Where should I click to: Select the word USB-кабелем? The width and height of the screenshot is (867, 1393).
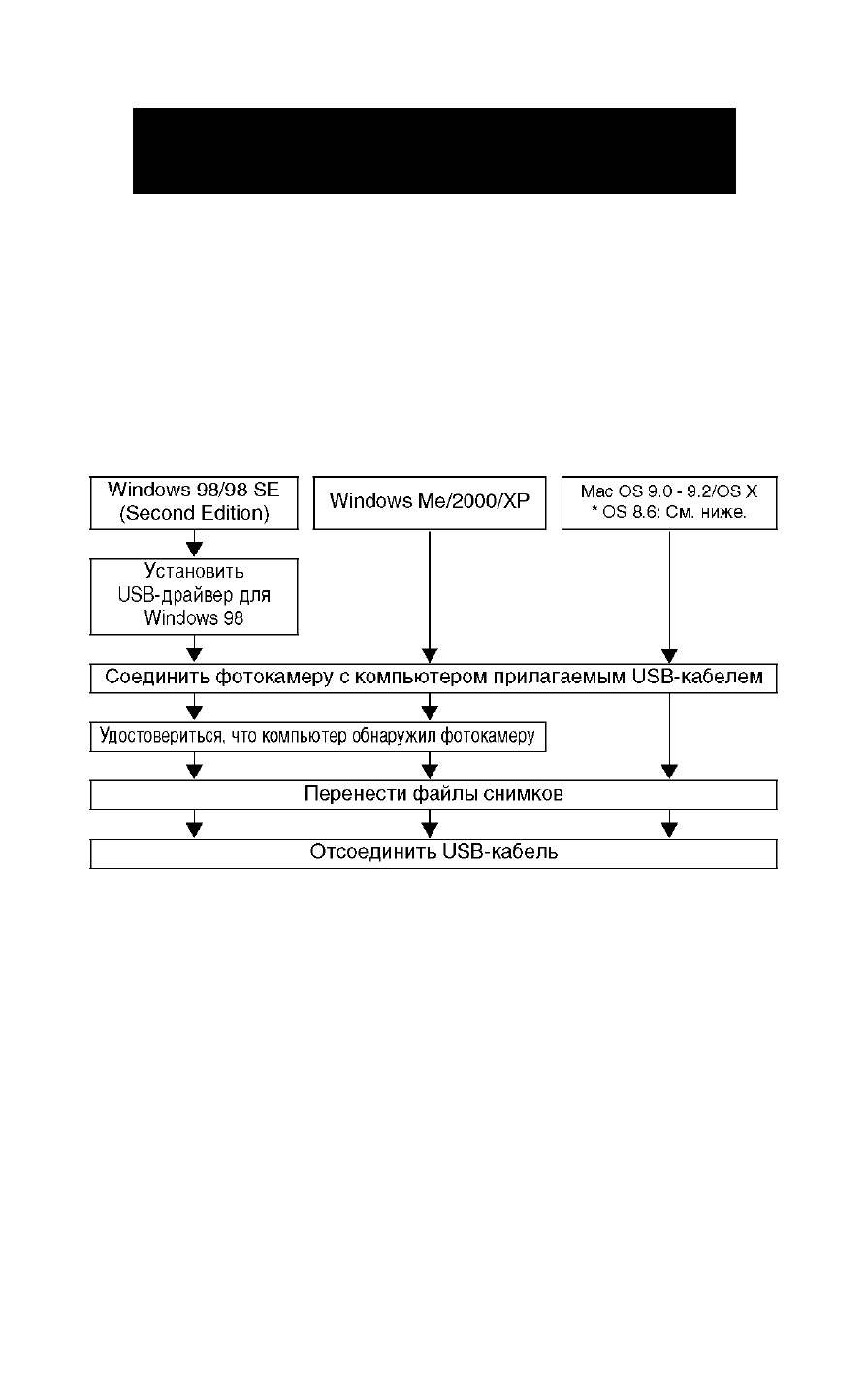click(697, 677)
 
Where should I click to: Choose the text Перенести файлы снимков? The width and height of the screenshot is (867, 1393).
click(433, 794)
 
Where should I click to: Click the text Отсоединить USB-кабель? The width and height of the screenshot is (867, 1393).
click(433, 852)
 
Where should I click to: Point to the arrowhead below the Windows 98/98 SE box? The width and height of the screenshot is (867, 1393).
click(194, 549)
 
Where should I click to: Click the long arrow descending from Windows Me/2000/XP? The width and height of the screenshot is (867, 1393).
click(430, 597)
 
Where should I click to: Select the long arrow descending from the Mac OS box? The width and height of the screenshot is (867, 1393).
click(669, 597)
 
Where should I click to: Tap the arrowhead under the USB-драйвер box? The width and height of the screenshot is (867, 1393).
click(194, 654)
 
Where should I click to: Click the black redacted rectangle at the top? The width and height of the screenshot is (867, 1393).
click(434, 150)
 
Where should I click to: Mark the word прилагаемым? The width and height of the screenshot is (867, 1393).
click(560, 678)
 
